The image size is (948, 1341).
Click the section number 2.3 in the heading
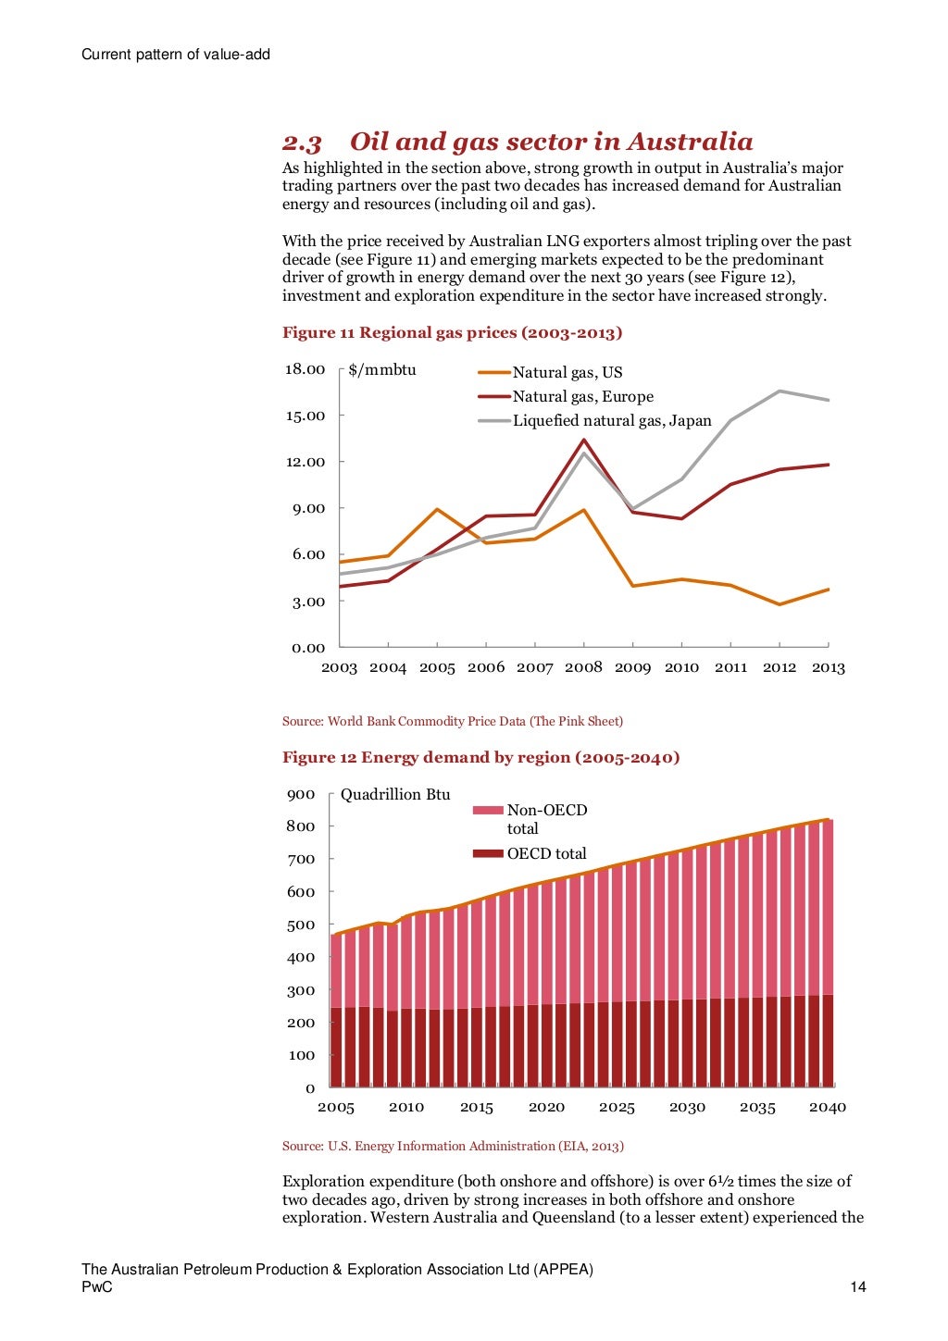pyautogui.click(x=302, y=143)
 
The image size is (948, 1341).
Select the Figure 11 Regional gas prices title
pyautogui.click(x=452, y=333)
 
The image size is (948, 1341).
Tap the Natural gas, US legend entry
pyautogui.click(x=567, y=373)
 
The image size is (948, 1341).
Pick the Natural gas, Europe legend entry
pyautogui.click(x=582, y=397)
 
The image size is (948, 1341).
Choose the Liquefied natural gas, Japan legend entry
pyautogui.click(x=612, y=421)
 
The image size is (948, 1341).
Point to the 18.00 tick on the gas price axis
pyautogui.click(x=305, y=369)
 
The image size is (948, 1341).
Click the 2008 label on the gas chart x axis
pyautogui.click(x=583, y=667)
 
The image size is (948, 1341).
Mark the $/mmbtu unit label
pyautogui.click(x=382, y=370)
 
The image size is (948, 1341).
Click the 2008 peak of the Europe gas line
pyautogui.click(x=583, y=440)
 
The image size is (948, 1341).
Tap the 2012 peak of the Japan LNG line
pyautogui.click(x=780, y=391)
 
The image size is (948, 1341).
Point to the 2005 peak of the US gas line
pyautogui.click(x=437, y=509)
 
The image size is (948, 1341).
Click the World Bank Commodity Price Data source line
pyautogui.click(x=452, y=721)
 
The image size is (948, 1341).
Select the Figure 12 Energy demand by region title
pyautogui.click(x=480, y=758)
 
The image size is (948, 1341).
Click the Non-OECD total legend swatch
pyautogui.click(x=488, y=811)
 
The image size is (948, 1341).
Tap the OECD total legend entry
pyautogui.click(x=546, y=853)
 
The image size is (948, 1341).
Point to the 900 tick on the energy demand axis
pyautogui.click(x=301, y=795)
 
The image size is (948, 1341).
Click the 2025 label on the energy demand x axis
pyautogui.click(x=617, y=1107)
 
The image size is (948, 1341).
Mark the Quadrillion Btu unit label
pyautogui.click(x=395, y=795)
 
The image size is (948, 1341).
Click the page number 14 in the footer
pyautogui.click(x=858, y=1287)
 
